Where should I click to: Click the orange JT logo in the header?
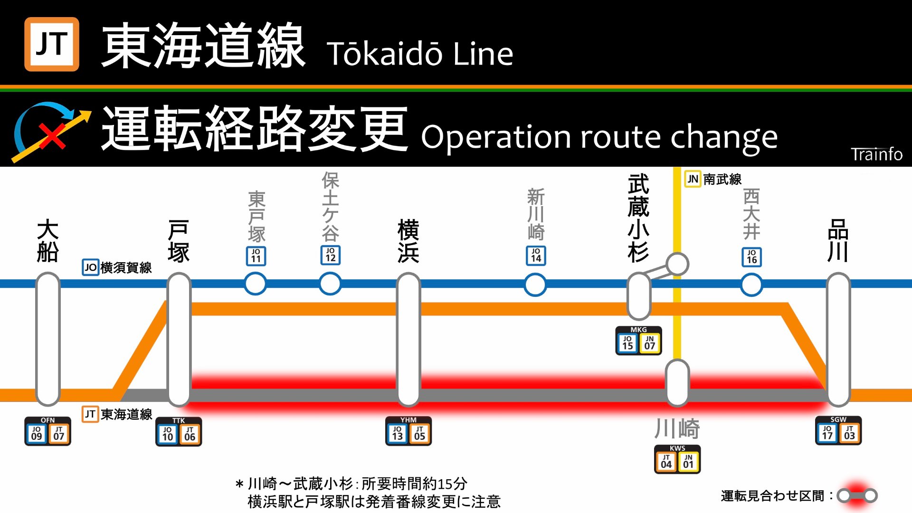pyautogui.click(x=52, y=44)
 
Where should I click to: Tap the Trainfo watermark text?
pyautogui.click(x=876, y=154)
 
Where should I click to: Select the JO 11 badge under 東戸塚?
pyautogui.click(x=256, y=256)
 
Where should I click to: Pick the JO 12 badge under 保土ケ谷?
pyautogui.click(x=331, y=255)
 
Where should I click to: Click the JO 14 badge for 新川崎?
pyautogui.click(x=536, y=256)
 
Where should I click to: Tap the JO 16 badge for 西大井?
pyautogui.click(x=751, y=257)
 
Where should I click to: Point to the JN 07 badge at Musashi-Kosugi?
pyautogui.click(x=650, y=342)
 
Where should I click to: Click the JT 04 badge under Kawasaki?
pyautogui.click(x=666, y=461)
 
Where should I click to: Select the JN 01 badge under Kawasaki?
pyautogui.click(x=688, y=461)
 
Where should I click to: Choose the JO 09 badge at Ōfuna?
pyautogui.click(x=37, y=433)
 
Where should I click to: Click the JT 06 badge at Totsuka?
pyautogui.click(x=190, y=434)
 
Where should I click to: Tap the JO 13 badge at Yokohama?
pyautogui.click(x=398, y=433)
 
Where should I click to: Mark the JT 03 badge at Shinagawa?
pyautogui.click(x=849, y=433)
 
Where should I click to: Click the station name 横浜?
pyautogui.click(x=408, y=241)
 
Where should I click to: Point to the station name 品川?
pyautogui.click(x=838, y=240)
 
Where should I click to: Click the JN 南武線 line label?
pyautogui.click(x=713, y=180)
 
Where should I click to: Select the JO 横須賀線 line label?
pyautogui.click(x=117, y=267)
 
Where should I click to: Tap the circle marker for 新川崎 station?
pyautogui.click(x=535, y=285)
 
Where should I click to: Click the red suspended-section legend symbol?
pyautogui.click(x=857, y=495)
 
